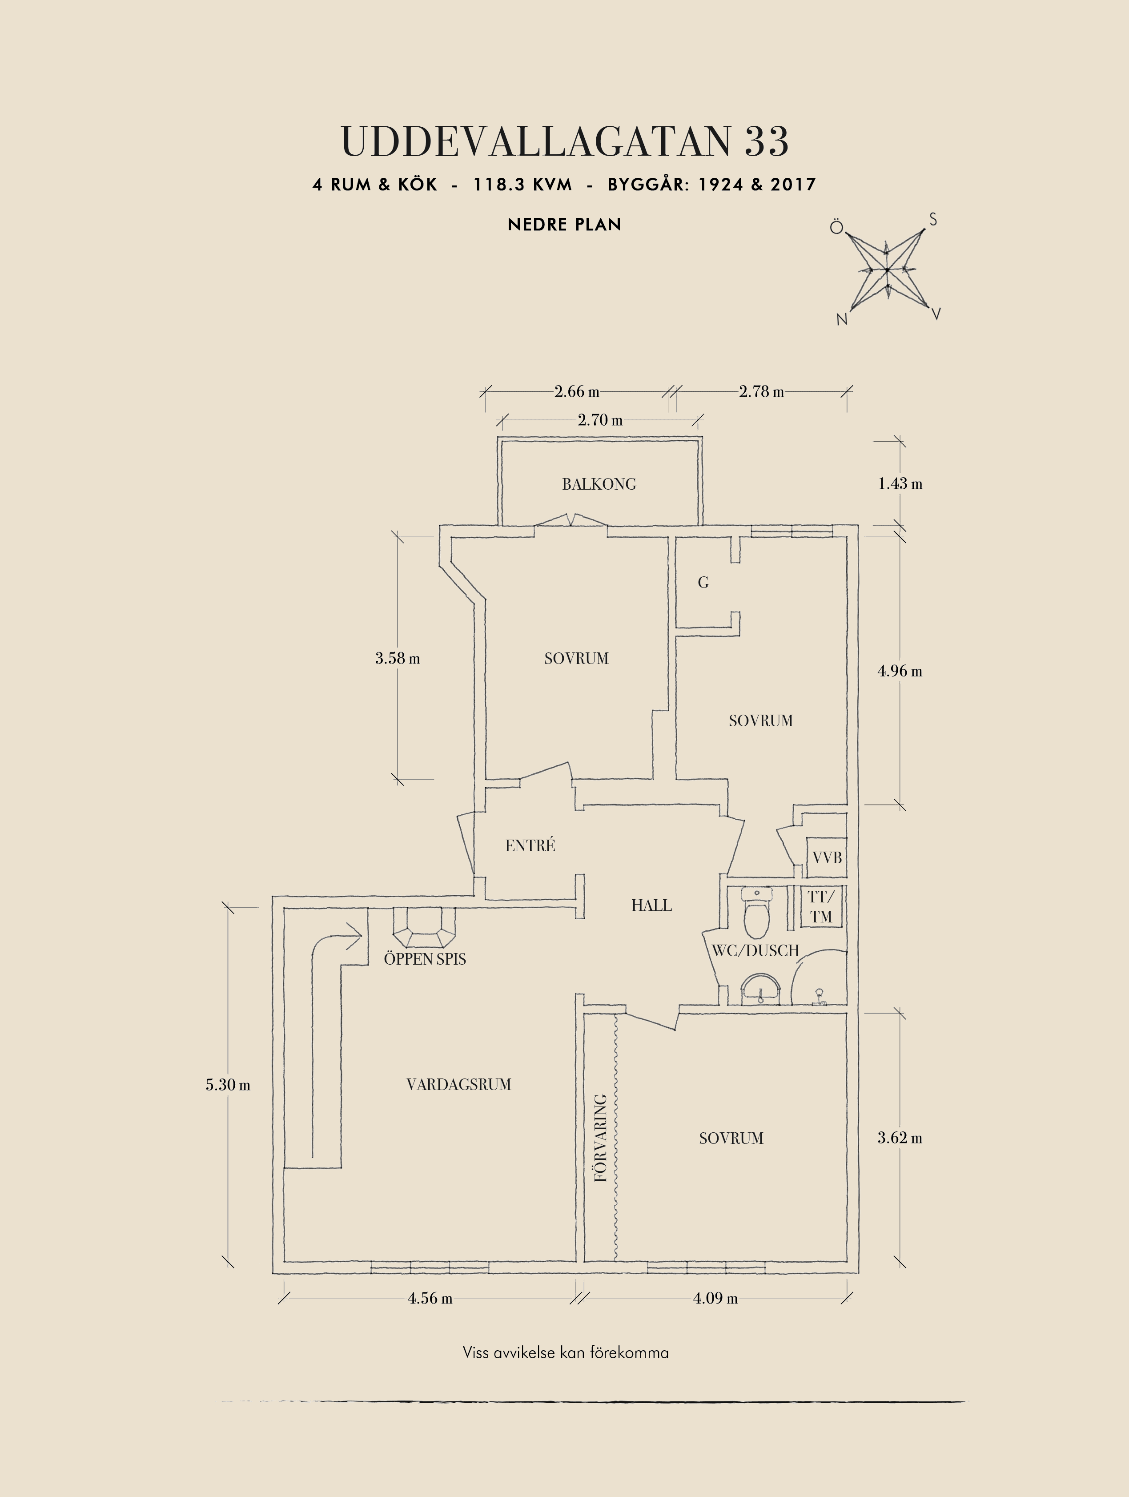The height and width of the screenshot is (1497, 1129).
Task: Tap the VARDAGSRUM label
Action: click(458, 1084)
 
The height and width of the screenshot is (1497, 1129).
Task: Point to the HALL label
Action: click(651, 905)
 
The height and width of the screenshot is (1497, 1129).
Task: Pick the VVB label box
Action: click(827, 857)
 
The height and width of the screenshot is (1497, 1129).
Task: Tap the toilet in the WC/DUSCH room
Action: click(757, 911)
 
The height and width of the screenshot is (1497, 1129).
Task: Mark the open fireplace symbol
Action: click(425, 927)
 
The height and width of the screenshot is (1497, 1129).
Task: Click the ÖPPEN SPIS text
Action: click(425, 959)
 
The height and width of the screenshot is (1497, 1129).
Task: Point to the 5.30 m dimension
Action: click(228, 1085)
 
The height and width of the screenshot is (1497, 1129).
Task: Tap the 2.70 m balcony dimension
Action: click(600, 420)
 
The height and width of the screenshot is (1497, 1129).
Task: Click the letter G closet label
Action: click(703, 582)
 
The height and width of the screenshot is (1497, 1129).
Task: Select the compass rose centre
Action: click(887, 270)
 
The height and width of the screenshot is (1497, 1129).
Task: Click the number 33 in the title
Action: click(767, 141)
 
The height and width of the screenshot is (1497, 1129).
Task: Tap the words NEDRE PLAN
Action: click(564, 225)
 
